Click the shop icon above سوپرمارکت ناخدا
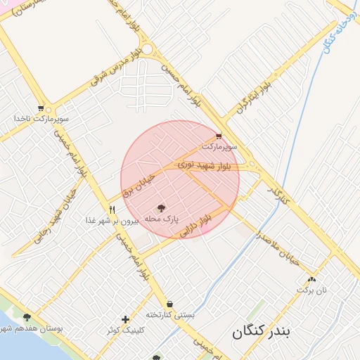(x=41, y=108)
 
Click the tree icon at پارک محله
(x=162, y=208)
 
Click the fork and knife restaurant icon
(x=112, y=210)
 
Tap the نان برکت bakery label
(x=311, y=289)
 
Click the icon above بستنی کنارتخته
(x=169, y=304)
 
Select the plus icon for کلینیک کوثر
(x=125, y=319)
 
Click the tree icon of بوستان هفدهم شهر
(x=27, y=318)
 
